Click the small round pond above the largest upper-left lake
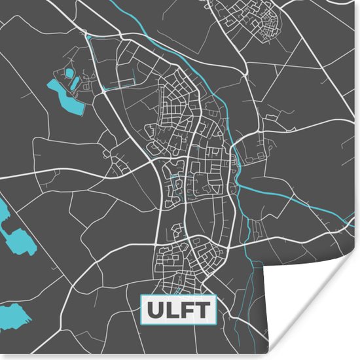tap(68, 72)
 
